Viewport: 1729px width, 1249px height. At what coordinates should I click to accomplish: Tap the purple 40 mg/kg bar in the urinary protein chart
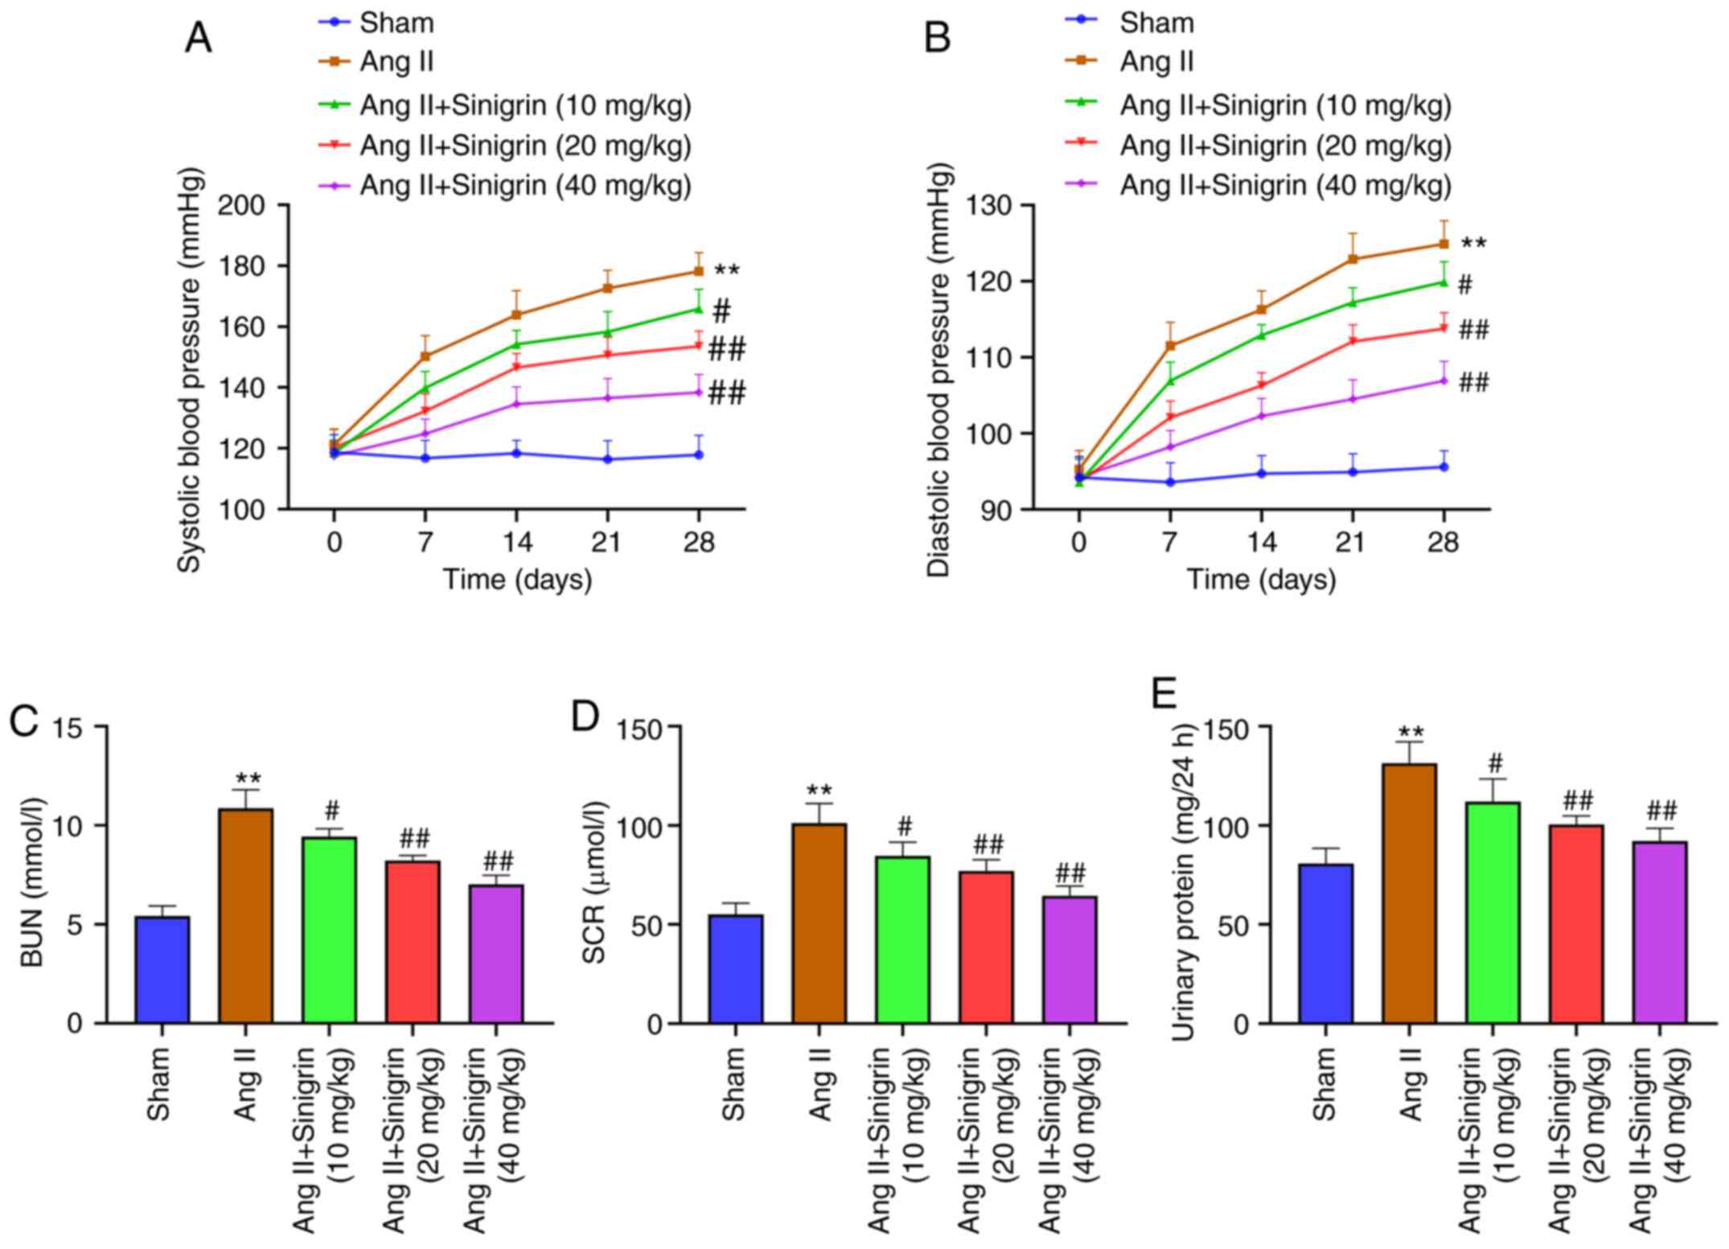tap(1659, 932)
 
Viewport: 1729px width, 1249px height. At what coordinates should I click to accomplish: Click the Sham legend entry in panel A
tap(396, 23)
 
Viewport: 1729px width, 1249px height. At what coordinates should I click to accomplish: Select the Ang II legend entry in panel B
tap(1156, 61)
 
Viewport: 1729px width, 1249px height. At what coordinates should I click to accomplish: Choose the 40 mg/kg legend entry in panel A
tap(525, 186)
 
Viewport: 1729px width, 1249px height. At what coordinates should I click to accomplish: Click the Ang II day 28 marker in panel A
tap(699, 272)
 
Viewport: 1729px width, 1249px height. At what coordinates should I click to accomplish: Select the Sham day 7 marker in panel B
tap(1170, 483)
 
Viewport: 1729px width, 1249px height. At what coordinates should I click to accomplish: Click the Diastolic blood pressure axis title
tap(938, 370)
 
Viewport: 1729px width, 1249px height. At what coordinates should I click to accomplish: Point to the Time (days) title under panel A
tap(517, 580)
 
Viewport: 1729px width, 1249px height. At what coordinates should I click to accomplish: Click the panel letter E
tap(1164, 695)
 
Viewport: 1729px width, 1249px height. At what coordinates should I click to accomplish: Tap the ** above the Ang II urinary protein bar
tap(1411, 733)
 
